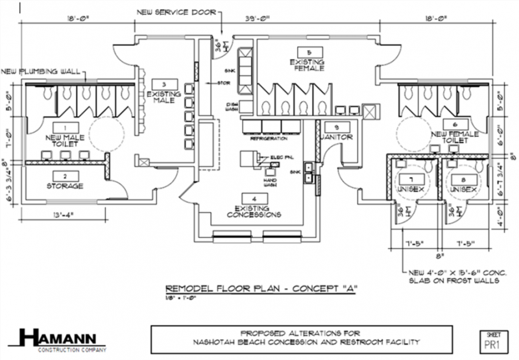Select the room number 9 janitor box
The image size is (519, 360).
pos(337,127)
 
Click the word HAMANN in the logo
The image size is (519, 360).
pos(62,337)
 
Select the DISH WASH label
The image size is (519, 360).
pos(232,107)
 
